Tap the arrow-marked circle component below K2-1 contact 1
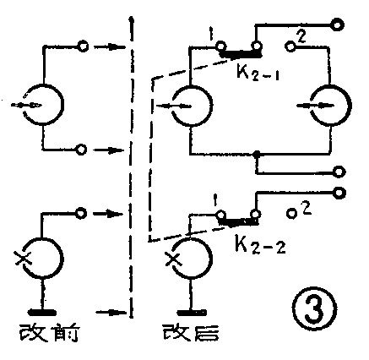click(191, 106)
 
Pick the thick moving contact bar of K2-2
click(238, 223)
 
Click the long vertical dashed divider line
click(131, 169)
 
